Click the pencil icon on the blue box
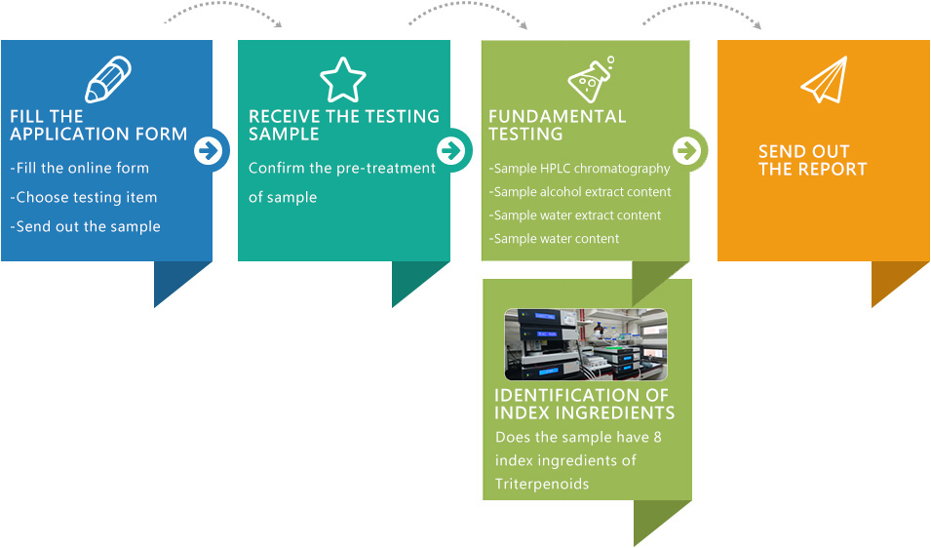click(x=108, y=80)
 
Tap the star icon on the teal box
click(x=343, y=80)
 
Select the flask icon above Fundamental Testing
click(x=592, y=80)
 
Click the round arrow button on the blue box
click(x=210, y=151)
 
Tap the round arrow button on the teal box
click(x=449, y=151)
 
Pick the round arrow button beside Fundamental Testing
click(x=687, y=151)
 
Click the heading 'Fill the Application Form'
click(x=98, y=126)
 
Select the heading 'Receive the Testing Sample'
click(x=343, y=125)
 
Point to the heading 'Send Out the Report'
click(x=812, y=160)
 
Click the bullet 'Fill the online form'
click(x=80, y=168)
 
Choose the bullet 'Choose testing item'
click(x=84, y=197)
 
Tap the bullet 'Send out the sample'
click(x=86, y=226)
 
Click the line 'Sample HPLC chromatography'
click(x=580, y=169)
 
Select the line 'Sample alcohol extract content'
click(x=581, y=192)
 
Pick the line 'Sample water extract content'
click(x=576, y=215)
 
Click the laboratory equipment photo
click(x=586, y=344)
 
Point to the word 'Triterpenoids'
click(x=542, y=485)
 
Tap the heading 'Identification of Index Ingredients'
click(x=584, y=404)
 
